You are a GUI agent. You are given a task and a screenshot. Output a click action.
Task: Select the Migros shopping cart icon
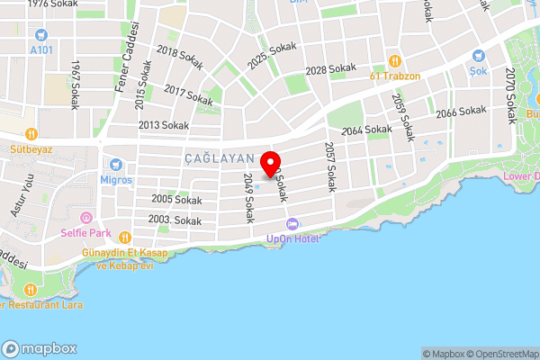tap(115, 165)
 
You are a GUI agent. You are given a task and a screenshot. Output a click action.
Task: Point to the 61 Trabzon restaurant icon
tap(394, 61)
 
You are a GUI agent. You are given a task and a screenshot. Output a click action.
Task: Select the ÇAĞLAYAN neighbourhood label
tap(215, 157)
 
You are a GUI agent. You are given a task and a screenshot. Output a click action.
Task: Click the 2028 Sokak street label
tap(331, 69)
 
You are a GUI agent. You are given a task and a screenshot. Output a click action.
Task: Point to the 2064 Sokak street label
tap(366, 130)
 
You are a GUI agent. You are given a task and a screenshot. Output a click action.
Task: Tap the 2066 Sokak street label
tap(461, 112)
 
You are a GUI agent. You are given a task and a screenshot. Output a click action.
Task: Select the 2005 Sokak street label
tap(176, 199)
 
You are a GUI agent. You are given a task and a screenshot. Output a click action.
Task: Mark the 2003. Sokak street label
tap(175, 220)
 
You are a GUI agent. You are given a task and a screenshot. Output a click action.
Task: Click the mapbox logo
tap(40, 348)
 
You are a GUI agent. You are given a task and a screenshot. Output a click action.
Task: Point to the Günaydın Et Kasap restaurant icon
tap(87, 255)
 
